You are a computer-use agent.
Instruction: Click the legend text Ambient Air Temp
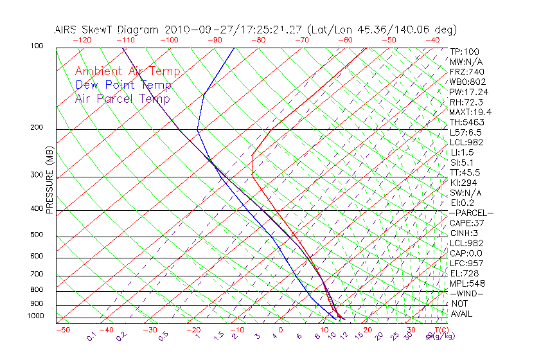pos(127,71)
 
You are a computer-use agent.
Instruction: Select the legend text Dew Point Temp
pos(123,85)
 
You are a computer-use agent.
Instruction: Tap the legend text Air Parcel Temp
pos(122,98)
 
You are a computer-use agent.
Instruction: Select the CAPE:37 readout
pos(467,223)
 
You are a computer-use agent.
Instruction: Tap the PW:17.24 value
pos(468,92)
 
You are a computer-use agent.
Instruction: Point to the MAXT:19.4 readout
pos(470,112)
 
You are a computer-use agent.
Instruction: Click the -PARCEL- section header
pos(471,213)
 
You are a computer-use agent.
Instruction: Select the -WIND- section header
pos(467,294)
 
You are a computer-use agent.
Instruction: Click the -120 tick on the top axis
pos(82,39)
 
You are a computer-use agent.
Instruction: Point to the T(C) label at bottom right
pos(439,330)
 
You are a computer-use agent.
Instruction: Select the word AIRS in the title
pos(67,30)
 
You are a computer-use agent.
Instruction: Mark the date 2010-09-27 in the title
pos(191,30)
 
